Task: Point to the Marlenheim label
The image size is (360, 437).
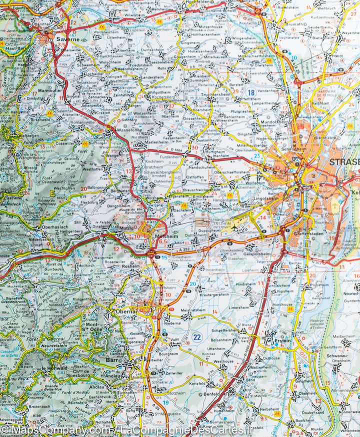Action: pos(158,140)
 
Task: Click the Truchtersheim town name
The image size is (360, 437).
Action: pos(215,94)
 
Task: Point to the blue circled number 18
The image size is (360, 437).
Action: pos(250,92)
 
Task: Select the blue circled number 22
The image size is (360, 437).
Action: pos(197,337)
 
